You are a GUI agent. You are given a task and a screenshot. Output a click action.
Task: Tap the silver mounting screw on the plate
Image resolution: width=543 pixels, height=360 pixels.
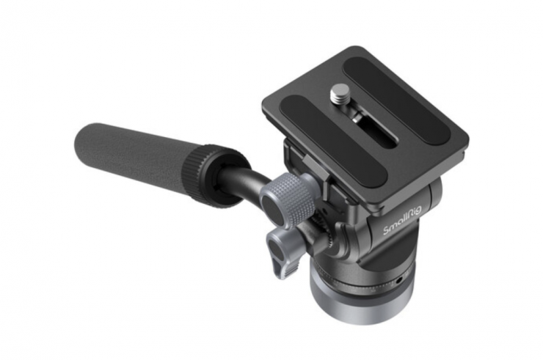339,95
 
